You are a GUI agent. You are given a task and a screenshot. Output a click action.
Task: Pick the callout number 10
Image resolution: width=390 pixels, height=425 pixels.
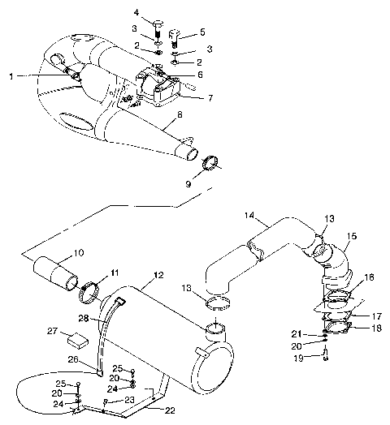pyautogui.click(x=79, y=252)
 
